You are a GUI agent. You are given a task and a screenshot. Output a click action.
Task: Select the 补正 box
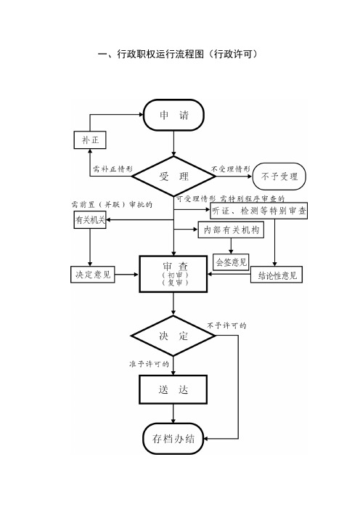pos(90,140)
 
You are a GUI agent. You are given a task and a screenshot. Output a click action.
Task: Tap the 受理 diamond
pos(173,177)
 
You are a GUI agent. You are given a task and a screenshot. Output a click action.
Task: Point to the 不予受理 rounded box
pos(279,177)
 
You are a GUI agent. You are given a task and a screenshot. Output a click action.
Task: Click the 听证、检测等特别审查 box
pos(258,211)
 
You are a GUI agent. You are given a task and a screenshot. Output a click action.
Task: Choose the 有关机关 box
pos(90,220)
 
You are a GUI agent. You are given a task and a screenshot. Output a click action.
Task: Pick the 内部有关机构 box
pos(231,230)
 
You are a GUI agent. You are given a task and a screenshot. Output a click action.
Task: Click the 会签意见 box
pos(231,262)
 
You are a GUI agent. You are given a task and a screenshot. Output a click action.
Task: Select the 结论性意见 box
pos(277,275)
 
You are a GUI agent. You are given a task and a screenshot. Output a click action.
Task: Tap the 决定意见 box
pos(93,274)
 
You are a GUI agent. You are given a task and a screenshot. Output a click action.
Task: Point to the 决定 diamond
pos(173,336)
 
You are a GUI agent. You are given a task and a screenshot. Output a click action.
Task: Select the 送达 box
pos(173,389)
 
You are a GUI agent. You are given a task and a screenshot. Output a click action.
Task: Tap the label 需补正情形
pos(112,169)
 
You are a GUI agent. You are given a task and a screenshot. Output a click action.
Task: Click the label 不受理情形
pos(231,169)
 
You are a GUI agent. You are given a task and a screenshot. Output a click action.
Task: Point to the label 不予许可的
pos(226,325)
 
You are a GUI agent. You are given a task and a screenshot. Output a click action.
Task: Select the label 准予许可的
pos(149,364)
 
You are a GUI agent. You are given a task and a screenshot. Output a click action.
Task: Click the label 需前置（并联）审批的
pos(112,204)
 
